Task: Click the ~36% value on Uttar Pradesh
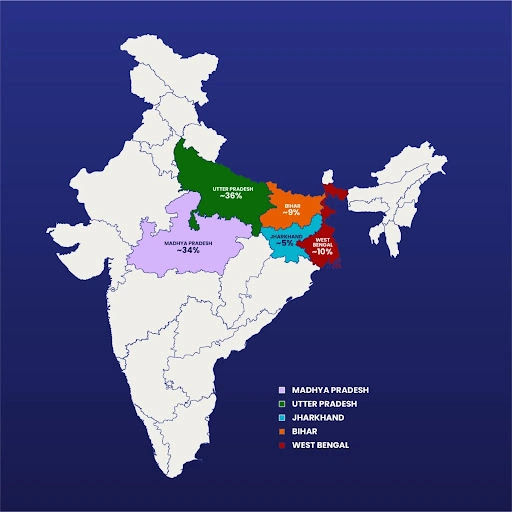231,196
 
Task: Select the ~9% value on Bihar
291,212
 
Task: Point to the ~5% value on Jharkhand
288,243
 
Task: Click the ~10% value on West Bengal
323,253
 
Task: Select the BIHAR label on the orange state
291,203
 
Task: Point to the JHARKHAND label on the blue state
288,235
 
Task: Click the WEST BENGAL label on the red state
323,242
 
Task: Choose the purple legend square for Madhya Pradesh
283,389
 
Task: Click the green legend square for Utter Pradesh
283,403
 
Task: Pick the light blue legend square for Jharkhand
283,416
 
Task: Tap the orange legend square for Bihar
283,430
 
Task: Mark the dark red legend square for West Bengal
283,444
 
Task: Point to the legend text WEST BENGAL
321,444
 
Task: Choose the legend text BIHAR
304,430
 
